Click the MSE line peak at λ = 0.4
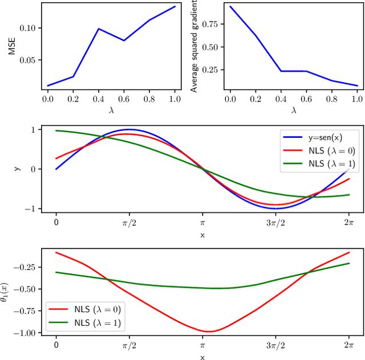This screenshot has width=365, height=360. [x=99, y=28]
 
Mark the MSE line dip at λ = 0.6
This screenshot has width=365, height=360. [x=123, y=40]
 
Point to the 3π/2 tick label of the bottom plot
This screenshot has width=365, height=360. [x=275, y=345]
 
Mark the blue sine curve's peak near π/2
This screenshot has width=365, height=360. [x=129, y=129]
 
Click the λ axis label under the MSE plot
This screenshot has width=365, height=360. [x=111, y=110]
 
